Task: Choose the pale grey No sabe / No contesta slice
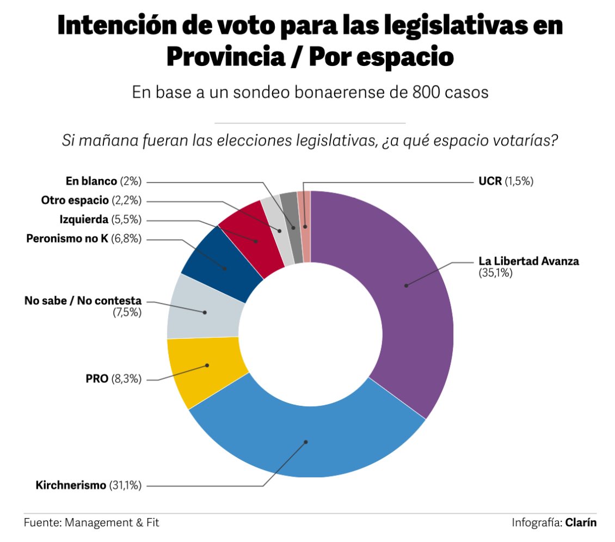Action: click(204, 310)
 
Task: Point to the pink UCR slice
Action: click(304, 227)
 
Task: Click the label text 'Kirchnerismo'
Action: click(71, 485)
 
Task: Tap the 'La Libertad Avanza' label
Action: click(528, 261)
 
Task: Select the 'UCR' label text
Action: click(490, 181)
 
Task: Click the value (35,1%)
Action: click(495, 273)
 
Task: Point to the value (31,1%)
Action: click(125, 485)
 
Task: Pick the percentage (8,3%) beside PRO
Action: click(126, 379)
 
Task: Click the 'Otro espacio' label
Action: click(75, 200)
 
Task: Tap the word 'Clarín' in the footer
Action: click(581, 523)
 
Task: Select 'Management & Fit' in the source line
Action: click(112, 523)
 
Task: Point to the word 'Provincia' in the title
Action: click(226, 57)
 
